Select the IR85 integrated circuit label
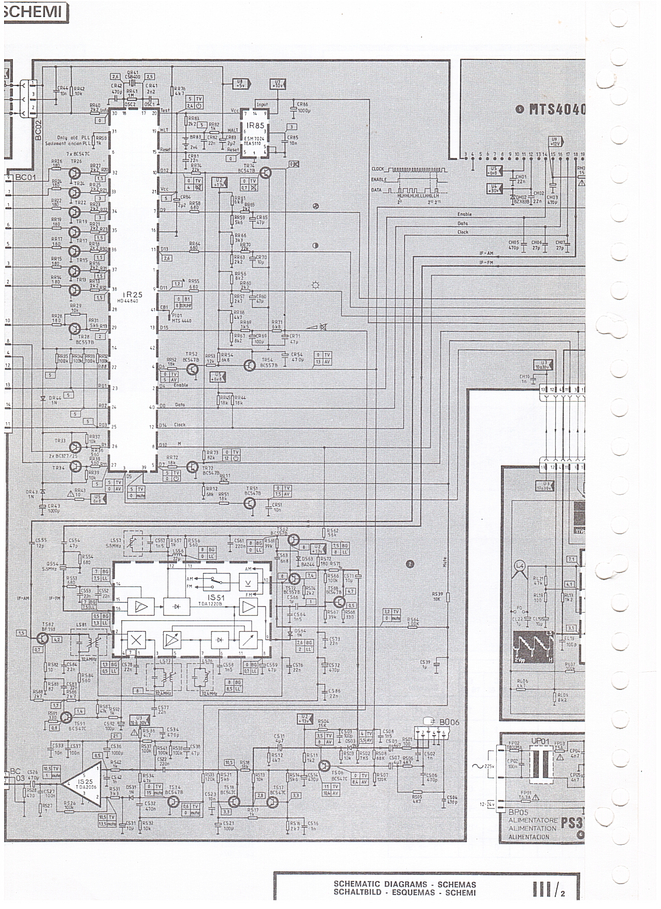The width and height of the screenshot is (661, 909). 255,125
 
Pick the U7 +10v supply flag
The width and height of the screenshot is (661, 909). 278,84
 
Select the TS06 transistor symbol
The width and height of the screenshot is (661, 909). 325,765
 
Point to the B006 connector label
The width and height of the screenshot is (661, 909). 448,722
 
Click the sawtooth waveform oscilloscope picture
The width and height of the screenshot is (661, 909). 533,647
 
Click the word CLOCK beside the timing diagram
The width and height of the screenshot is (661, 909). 379,169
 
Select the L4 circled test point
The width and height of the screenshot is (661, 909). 520,567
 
